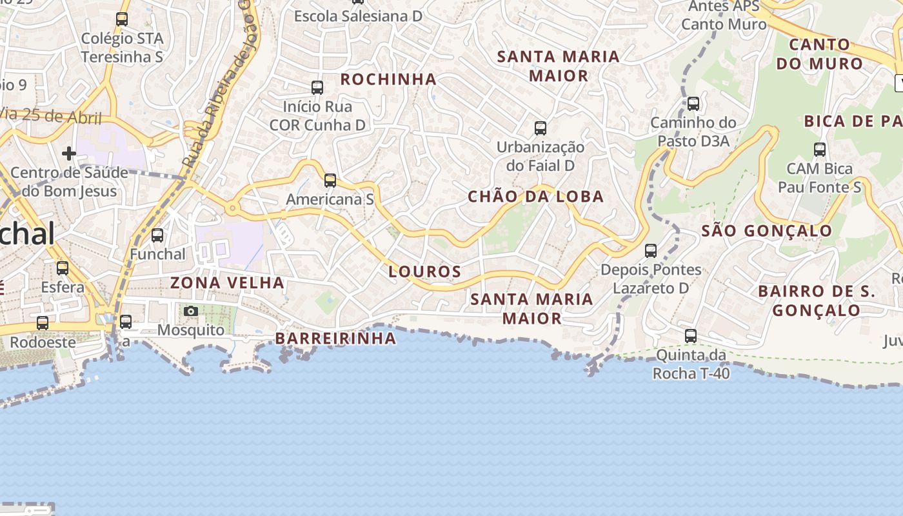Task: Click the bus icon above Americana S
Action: pyautogui.click(x=330, y=181)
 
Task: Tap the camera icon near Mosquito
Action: pyautogui.click(x=190, y=312)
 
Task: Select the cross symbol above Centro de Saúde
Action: pyautogui.click(x=69, y=154)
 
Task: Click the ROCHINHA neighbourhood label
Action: pyautogui.click(x=388, y=79)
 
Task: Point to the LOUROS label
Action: pyautogui.click(x=425, y=272)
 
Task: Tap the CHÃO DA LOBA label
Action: pyautogui.click(x=535, y=197)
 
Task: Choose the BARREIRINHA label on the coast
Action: pyautogui.click(x=335, y=339)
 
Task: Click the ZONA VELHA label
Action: pyautogui.click(x=227, y=283)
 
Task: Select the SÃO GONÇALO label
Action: pyautogui.click(x=766, y=231)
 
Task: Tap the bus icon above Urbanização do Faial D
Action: pyautogui.click(x=541, y=128)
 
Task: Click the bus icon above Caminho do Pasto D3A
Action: pyautogui.click(x=693, y=103)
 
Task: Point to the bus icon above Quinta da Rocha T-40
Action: pyautogui.click(x=691, y=336)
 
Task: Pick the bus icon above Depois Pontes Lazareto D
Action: pyautogui.click(x=651, y=251)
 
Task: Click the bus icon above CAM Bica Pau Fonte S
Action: pyautogui.click(x=820, y=150)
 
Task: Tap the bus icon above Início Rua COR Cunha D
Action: pyautogui.click(x=317, y=88)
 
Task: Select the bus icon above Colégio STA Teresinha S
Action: pyautogui.click(x=122, y=19)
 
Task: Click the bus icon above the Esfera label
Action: pyautogui.click(x=63, y=268)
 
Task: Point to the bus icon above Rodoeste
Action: pyautogui.click(x=43, y=323)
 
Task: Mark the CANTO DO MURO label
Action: pyautogui.click(x=819, y=54)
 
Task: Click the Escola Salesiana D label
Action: pyautogui.click(x=358, y=16)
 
